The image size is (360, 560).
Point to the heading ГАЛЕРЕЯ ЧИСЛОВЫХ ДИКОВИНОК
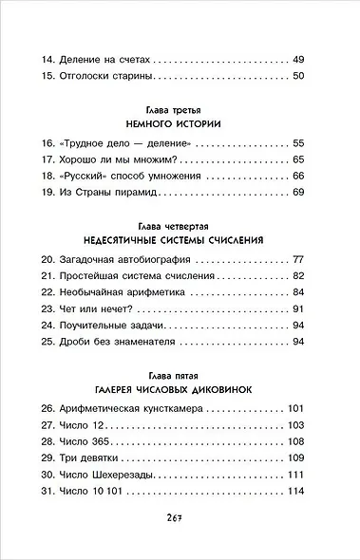(x=180, y=389)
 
